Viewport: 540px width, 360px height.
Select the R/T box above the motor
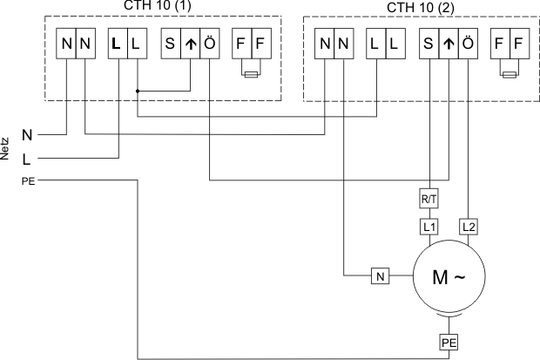[x=429, y=200]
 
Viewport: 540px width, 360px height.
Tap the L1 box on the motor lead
[x=429, y=227]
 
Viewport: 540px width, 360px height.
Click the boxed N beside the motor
[x=380, y=277]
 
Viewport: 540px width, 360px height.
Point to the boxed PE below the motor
[x=447, y=343]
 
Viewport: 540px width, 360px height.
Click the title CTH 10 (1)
[x=163, y=5]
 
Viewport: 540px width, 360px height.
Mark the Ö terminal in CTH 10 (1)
[x=209, y=44]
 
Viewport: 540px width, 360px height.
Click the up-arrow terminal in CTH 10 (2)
[x=448, y=44]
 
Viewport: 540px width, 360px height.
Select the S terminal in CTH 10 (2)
[x=429, y=44]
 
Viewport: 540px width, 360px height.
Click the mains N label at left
[x=27, y=136]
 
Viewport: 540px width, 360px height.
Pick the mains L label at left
[x=27, y=159]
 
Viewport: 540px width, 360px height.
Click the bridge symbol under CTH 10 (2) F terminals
[x=508, y=75]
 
